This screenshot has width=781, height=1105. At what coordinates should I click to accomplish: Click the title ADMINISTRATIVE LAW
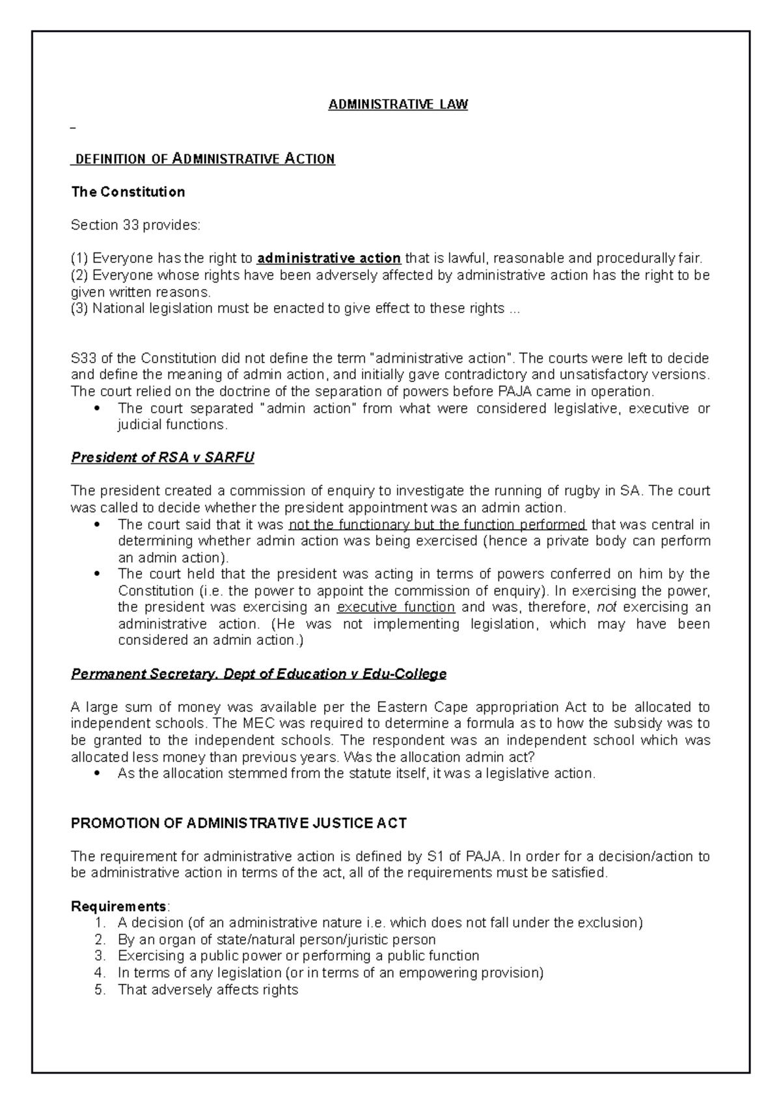tap(398, 104)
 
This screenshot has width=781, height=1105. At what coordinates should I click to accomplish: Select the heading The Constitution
tap(128, 192)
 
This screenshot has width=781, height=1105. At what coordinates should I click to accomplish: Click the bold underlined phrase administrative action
tap(329, 258)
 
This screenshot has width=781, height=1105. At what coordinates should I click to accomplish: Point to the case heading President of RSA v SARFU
tap(162, 457)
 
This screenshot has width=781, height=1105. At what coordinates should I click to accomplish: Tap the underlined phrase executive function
tap(396, 607)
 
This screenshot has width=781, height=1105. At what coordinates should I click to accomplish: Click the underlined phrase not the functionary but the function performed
tap(437, 525)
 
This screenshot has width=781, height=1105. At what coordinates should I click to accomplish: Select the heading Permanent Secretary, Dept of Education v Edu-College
tap(258, 674)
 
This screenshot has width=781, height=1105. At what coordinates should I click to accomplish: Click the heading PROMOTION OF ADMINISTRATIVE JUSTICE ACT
tap(238, 823)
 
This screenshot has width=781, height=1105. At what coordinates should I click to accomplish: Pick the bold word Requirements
tap(118, 907)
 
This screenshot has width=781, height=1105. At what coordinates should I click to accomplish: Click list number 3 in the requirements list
tap(100, 956)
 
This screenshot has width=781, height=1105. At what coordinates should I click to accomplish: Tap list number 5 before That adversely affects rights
tap(100, 990)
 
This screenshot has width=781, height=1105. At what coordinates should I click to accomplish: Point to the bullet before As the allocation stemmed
tap(97, 774)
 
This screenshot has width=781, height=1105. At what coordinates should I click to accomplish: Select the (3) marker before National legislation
tap(79, 308)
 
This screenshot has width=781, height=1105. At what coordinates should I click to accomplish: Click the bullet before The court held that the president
tap(97, 574)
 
